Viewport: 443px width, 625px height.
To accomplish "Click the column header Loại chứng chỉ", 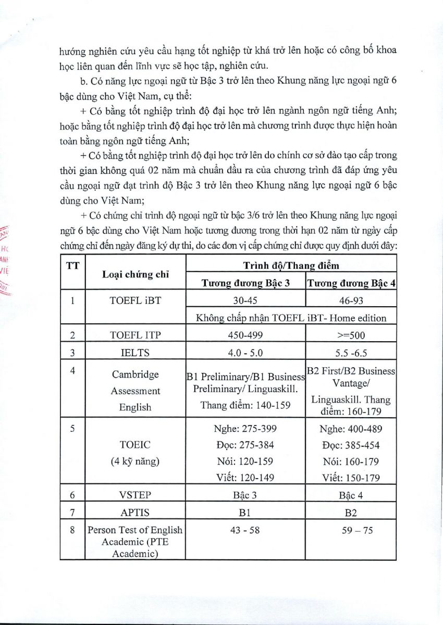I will (x=135, y=275).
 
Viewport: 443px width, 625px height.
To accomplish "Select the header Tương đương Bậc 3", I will (x=245, y=284).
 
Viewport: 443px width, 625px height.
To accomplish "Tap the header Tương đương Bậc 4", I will (x=350, y=284).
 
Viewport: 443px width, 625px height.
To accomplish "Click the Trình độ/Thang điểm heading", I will (x=291, y=266).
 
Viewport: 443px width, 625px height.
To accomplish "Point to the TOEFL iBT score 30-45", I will (x=245, y=301).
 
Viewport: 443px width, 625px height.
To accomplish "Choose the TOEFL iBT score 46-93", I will (x=350, y=301).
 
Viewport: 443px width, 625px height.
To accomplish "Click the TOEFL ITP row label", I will (x=135, y=335).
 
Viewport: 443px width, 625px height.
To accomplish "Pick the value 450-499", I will (x=245, y=335).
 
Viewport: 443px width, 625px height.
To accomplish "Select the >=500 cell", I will (x=350, y=335).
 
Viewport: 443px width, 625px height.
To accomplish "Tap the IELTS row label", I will (x=135, y=353).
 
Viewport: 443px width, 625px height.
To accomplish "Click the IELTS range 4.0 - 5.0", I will (x=245, y=353).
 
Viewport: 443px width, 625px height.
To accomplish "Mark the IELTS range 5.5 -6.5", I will (x=350, y=353).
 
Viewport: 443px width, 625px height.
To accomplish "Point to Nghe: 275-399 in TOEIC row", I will (x=245, y=429).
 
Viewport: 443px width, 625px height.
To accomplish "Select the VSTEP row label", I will (x=135, y=495).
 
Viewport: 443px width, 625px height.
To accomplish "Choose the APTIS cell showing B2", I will (x=350, y=512).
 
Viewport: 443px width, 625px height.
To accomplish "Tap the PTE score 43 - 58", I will (x=245, y=530).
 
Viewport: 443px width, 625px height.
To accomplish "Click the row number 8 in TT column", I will (x=72, y=530).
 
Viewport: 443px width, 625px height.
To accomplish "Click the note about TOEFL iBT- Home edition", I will (x=291, y=318).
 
